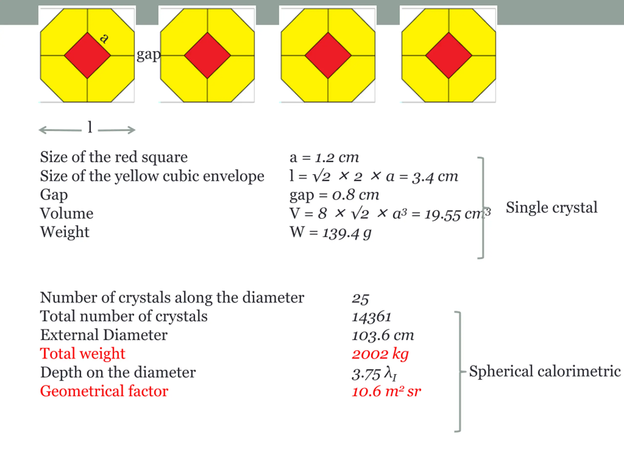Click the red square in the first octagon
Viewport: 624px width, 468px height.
(88, 55)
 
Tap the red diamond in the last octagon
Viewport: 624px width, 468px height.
(448, 55)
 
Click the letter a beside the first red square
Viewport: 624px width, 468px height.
(104, 38)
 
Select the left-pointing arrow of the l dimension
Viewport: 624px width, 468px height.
(60, 130)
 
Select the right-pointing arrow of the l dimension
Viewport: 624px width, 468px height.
(117, 130)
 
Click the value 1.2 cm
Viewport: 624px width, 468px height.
(337, 157)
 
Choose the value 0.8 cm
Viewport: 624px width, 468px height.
(355, 195)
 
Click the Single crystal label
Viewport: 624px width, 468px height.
(552, 208)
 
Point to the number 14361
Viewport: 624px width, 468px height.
(371, 317)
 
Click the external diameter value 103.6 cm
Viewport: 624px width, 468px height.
(383, 335)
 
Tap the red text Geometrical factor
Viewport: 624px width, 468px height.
(104, 391)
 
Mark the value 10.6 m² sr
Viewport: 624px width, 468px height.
(386, 391)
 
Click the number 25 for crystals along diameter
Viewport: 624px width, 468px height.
(360, 298)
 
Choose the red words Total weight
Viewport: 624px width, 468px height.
(82, 353)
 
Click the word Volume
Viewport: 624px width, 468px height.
(67, 213)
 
